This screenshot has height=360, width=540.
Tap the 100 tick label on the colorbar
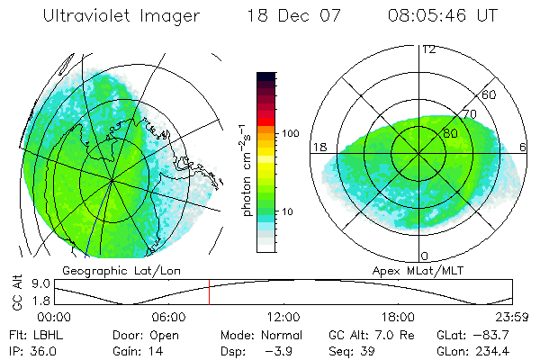click(x=290, y=133)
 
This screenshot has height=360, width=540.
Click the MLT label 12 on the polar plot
click(x=428, y=49)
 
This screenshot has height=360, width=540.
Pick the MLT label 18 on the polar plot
click(x=319, y=147)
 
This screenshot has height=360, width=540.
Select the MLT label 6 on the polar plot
click(x=523, y=147)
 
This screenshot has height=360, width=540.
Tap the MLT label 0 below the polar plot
click(x=426, y=257)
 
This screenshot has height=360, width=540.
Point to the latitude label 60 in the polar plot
click(x=490, y=94)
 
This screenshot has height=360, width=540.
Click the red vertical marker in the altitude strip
click(x=209, y=292)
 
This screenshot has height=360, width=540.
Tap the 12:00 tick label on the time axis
click(x=283, y=317)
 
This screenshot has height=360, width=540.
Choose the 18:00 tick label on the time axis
click(x=398, y=317)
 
